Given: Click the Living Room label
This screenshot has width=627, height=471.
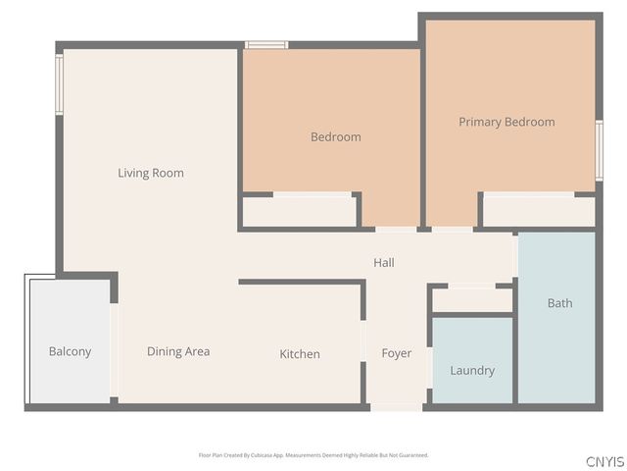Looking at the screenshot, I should [151, 174].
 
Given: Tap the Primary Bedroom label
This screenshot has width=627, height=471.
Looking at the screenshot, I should [506, 123].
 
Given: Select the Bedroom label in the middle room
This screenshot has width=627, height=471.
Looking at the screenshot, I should [335, 137].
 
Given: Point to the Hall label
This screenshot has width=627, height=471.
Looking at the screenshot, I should [384, 263].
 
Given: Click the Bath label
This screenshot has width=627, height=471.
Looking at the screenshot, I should [559, 303].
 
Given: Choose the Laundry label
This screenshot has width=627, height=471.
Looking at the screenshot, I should [472, 371].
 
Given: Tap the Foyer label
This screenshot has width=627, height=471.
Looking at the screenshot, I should [397, 353].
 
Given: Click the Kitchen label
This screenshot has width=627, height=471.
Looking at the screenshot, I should [300, 354].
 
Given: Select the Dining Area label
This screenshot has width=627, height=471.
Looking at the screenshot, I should [178, 351].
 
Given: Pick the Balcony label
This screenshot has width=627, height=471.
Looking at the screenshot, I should [70, 351].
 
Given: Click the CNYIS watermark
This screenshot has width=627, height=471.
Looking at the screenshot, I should [604, 461].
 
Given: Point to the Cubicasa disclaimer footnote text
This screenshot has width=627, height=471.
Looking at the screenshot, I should [313, 455].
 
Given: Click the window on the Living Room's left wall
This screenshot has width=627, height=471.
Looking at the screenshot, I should [59, 84].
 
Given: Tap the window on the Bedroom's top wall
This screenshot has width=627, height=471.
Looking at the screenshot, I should [265, 44].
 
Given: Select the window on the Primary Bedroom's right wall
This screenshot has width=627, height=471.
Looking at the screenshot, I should [599, 150].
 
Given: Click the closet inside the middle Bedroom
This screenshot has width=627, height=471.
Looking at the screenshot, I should [299, 211].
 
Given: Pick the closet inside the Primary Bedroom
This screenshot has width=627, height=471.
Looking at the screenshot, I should [539, 211].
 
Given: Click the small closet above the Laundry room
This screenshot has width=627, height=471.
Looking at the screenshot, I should [472, 300].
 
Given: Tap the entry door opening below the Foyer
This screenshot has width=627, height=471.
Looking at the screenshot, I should [397, 406].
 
